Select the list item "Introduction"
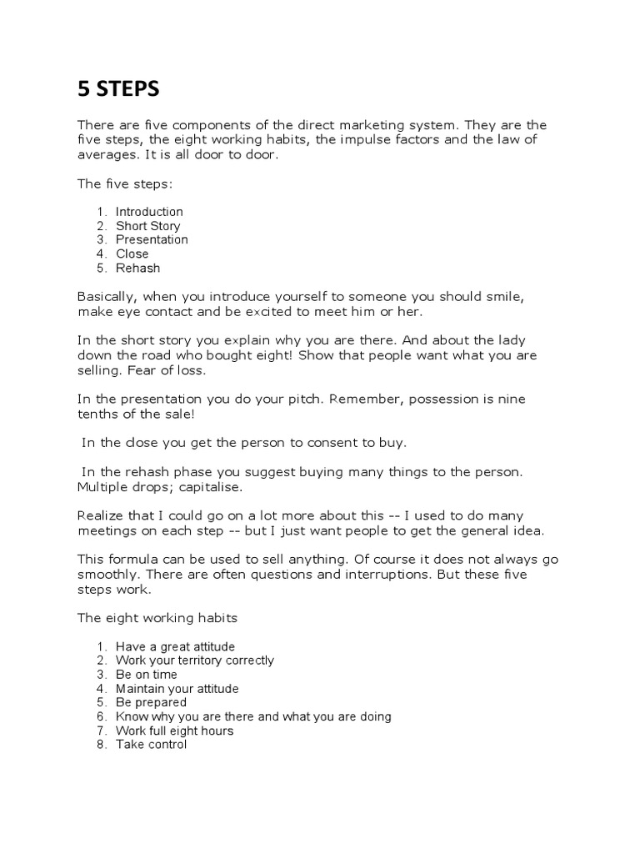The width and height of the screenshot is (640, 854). point(149,212)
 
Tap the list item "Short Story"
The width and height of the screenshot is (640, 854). point(147,226)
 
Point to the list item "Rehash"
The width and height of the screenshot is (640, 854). point(137,269)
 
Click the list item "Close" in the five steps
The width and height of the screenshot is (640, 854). point(132,254)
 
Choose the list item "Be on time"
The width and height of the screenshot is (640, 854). point(147,675)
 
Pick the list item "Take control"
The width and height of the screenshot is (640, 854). point(151,745)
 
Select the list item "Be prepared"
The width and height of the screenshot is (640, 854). point(151,703)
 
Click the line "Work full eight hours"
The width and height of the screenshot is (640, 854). point(174,731)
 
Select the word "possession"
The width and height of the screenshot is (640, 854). point(442,399)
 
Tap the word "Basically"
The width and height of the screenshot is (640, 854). point(107,297)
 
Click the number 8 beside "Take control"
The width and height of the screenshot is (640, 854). point(100,745)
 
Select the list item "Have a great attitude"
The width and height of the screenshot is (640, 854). point(175,646)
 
